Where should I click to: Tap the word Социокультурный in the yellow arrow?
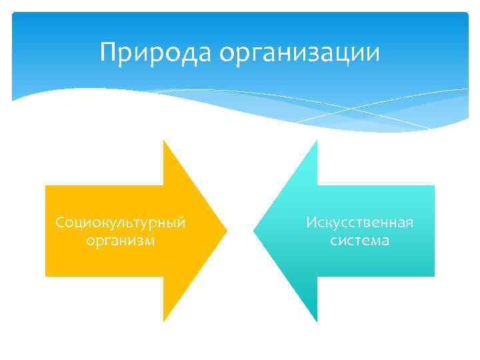[x=121, y=222]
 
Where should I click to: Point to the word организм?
[x=121, y=240]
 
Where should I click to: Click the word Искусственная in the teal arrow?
[x=360, y=222]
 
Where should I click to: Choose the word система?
[x=360, y=240]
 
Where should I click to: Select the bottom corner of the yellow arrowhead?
[x=164, y=321]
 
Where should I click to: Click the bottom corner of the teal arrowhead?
[x=317, y=321]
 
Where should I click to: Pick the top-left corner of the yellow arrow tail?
[x=46, y=187]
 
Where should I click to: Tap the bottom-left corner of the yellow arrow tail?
[x=46, y=275]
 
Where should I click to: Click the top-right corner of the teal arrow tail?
[x=434, y=187]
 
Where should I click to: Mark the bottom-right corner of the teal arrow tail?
[x=434, y=275]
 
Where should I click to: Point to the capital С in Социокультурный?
[x=60, y=222]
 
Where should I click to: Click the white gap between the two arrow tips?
[x=240, y=231]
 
